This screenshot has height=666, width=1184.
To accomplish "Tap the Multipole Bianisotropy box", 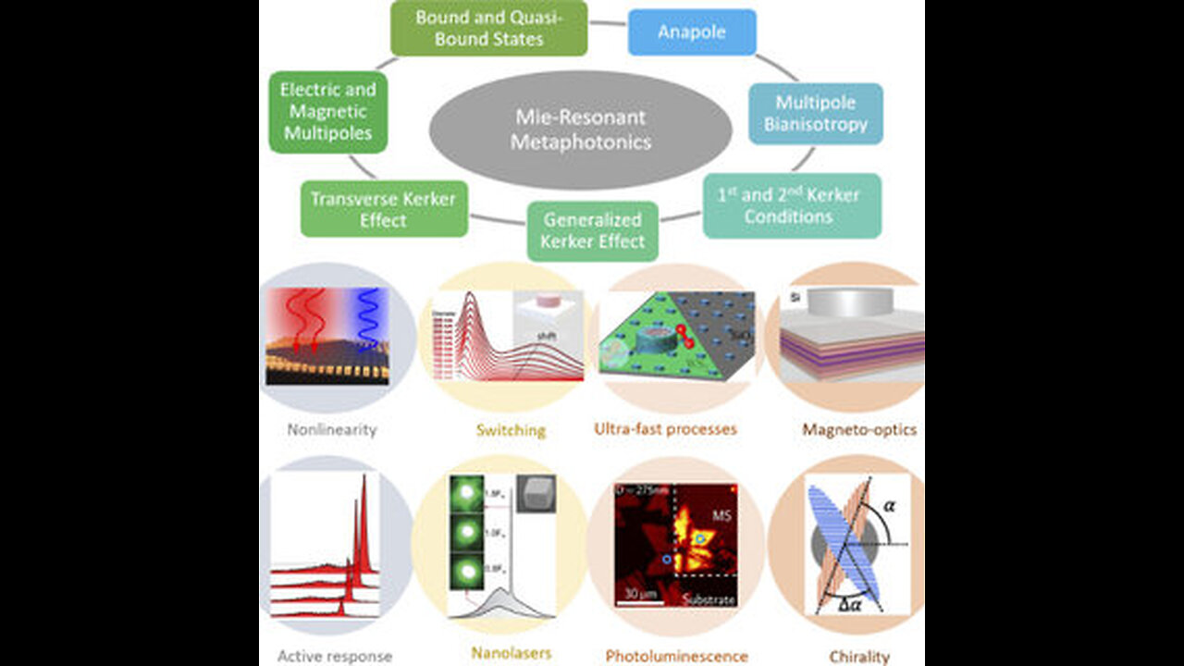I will click(x=815, y=114).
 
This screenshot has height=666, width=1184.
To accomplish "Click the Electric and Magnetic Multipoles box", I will click(x=328, y=112).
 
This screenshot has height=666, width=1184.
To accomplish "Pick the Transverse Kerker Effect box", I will click(x=384, y=209).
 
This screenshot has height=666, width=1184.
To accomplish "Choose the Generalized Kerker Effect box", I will click(x=593, y=231).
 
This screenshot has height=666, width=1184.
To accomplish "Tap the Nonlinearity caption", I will click(x=320, y=430).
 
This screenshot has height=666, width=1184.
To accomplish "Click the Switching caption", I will click(x=511, y=430).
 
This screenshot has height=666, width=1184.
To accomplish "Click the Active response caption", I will click(x=335, y=657).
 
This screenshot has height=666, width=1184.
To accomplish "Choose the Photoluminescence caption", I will click(x=676, y=657).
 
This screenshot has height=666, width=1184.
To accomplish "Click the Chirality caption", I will click(x=859, y=657).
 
